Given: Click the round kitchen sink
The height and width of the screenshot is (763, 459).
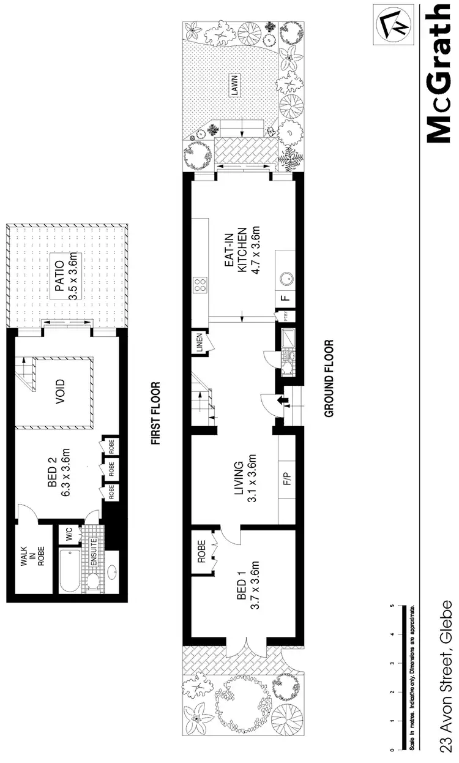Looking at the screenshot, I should point(285,278).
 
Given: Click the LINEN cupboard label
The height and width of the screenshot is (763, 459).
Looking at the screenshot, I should point(200,344).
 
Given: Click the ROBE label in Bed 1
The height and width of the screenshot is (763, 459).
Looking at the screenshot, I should point(201,552).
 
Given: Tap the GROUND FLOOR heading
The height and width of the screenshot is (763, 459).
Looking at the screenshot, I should point(329,378).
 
